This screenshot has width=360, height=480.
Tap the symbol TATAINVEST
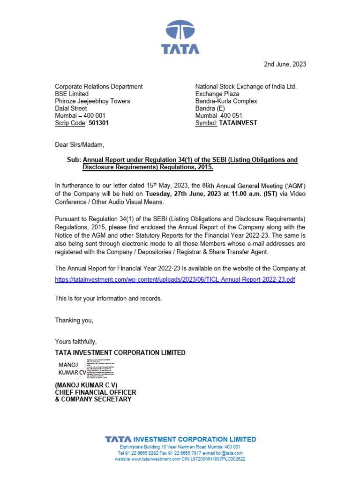pos(238,123)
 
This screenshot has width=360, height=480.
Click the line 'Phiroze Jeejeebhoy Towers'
pos(92,101)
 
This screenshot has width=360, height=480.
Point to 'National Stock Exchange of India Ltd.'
pos(246,87)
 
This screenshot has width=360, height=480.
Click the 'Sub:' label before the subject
pos(74,160)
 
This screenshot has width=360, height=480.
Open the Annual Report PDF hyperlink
pos(175,279)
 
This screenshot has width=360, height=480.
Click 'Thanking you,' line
pos(74,320)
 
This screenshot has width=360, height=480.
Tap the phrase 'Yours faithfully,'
pos(75,341)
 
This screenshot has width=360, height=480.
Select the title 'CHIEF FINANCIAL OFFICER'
pos(96,392)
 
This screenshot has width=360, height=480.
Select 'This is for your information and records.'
pos(109,299)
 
